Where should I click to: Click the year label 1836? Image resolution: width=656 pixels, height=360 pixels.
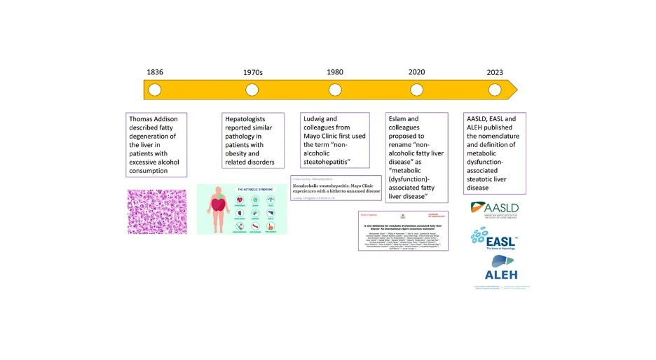click(x=155, y=72)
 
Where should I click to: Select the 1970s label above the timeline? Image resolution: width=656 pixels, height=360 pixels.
click(x=252, y=72)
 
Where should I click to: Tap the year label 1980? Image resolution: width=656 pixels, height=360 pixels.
click(x=335, y=72)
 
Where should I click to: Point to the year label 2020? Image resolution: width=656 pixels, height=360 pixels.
click(x=416, y=72)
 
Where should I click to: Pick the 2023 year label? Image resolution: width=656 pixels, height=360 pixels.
click(x=495, y=72)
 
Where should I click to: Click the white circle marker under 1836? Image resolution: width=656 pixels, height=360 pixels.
click(x=155, y=90)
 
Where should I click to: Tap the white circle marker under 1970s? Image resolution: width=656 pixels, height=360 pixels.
click(x=252, y=90)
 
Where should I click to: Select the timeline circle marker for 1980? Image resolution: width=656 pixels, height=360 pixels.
click(x=335, y=90)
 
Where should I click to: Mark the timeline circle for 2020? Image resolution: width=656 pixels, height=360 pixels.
click(x=416, y=90)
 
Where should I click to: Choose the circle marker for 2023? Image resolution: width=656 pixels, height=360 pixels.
click(x=495, y=90)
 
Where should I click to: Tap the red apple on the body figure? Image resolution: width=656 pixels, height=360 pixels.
click(x=218, y=205)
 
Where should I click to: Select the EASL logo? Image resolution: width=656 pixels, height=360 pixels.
click(x=495, y=240)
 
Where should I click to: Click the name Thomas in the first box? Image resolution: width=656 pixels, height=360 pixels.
click(x=144, y=120)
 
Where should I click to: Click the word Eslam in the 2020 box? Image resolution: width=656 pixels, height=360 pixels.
click(x=402, y=120)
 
